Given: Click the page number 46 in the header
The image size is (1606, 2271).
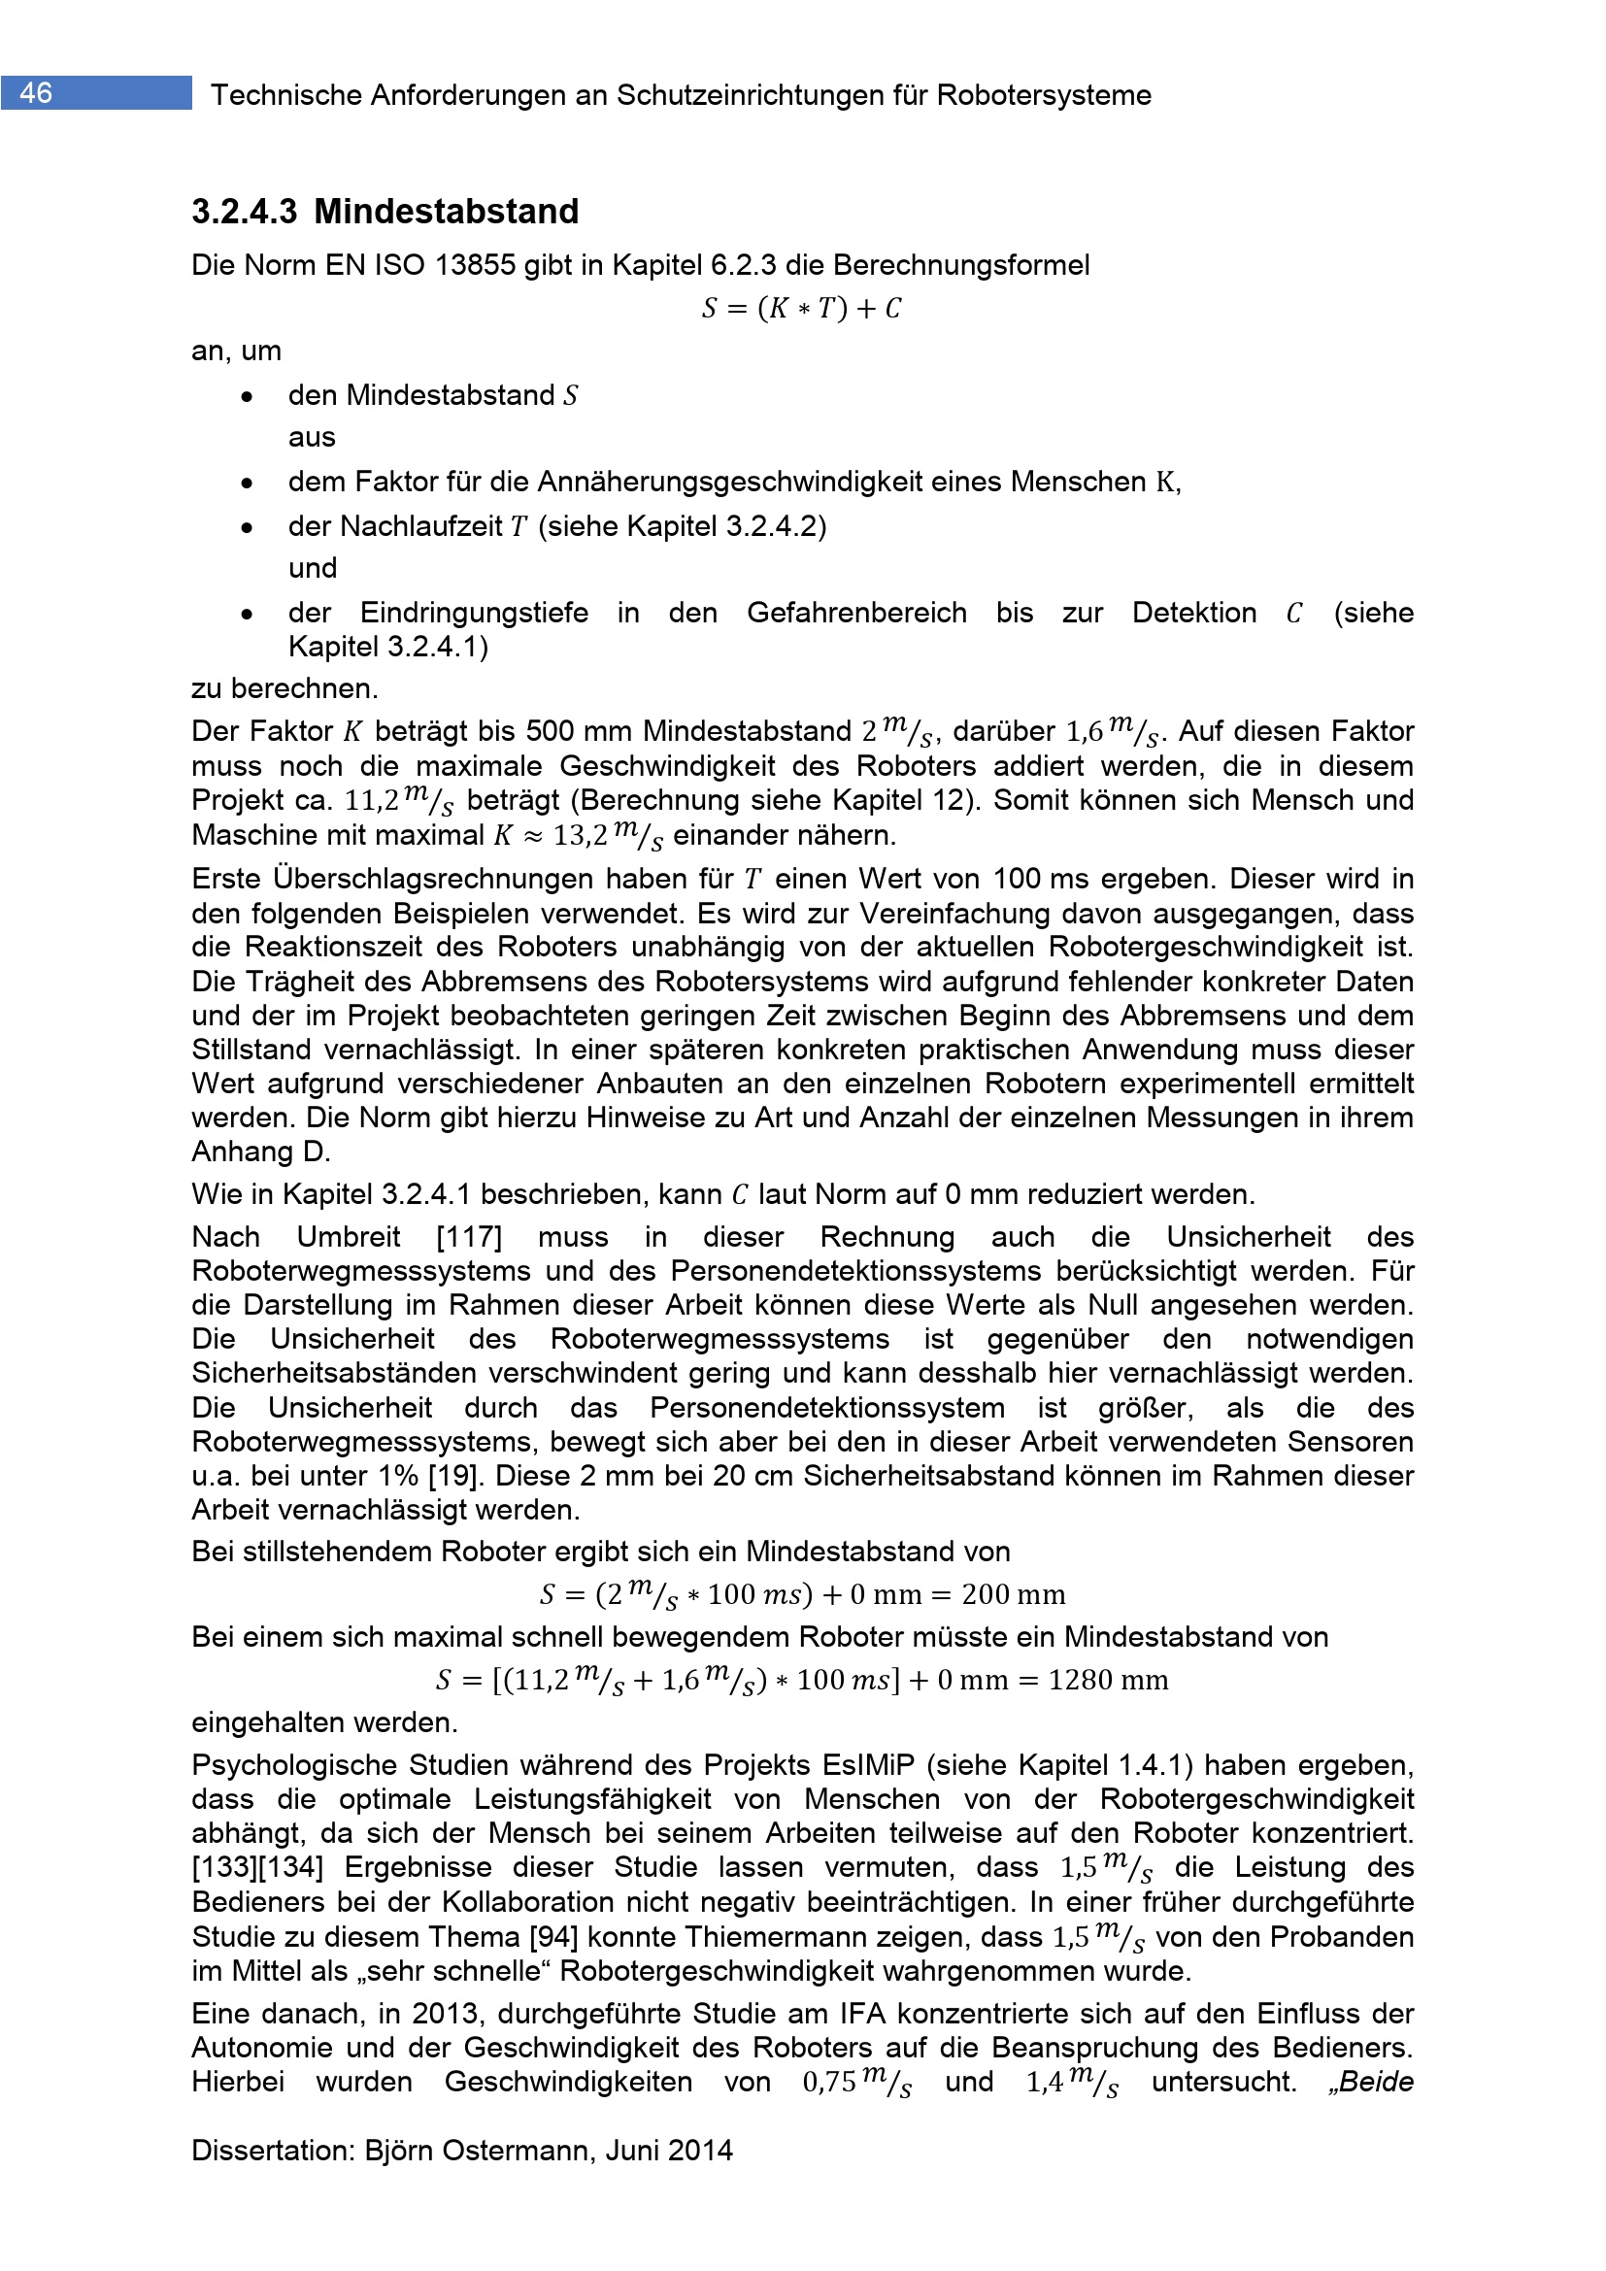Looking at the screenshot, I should tap(36, 93).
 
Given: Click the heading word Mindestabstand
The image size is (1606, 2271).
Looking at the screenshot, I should tap(446, 212).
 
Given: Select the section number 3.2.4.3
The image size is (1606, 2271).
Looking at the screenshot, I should tap(245, 212).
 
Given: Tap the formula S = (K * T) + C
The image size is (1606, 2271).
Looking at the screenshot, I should tap(801, 309).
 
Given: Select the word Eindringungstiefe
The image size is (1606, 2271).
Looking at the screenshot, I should tap(474, 613).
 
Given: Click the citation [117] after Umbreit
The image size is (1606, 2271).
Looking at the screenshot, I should tap(469, 1236).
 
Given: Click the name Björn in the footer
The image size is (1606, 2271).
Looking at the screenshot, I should tap(400, 2151).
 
